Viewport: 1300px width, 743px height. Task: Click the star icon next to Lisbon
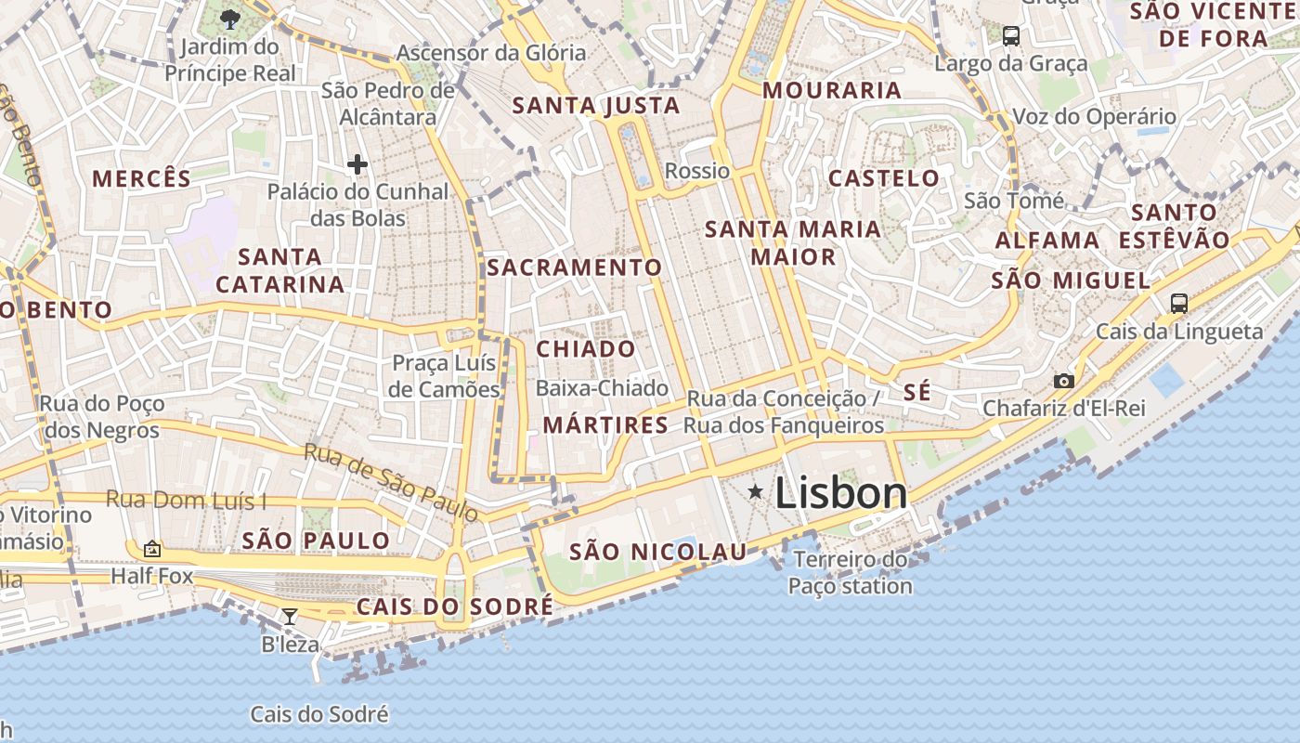click(x=756, y=492)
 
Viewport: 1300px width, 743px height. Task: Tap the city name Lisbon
click(x=840, y=493)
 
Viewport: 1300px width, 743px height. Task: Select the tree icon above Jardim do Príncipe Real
click(x=229, y=19)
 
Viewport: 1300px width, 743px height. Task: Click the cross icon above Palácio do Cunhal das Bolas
click(x=357, y=165)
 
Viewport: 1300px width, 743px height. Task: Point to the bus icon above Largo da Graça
click(x=1011, y=36)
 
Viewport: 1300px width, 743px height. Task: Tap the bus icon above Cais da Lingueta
click(x=1178, y=303)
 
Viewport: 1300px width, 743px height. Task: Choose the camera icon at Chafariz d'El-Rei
click(x=1063, y=381)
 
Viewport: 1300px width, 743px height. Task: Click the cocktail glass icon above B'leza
click(x=290, y=616)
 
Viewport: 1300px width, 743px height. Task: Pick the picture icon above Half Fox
click(x=151, y=549)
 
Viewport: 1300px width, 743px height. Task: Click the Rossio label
click(x=697, y=171)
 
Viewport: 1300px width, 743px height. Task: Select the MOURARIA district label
click(x=832, y=90)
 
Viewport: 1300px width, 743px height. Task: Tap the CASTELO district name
click(x=883, y=177)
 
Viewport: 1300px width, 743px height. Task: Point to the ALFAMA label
click(x=1047, y=241)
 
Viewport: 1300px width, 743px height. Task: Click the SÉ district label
click(x=916, y=392)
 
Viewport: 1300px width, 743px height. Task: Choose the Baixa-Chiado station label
click(x=602, y=387)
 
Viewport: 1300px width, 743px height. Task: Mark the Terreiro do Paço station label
click(x=850, y=572)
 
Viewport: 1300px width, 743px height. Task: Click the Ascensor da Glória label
click(x=491, y=52)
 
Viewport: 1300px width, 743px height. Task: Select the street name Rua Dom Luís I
click(x=186, y=500)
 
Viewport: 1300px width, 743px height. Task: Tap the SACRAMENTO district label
click(x=574, y=267)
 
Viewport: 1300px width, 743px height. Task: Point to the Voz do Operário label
click(x=1094, y=117)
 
